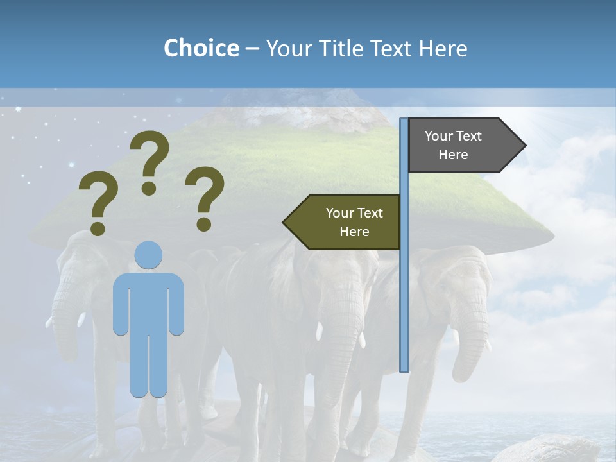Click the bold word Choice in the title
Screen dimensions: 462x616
201,48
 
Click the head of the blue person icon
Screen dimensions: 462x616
148,255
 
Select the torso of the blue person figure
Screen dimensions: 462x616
148,302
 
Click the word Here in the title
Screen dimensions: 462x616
443,48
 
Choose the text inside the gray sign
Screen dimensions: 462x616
453,146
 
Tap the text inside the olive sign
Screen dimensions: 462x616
354,223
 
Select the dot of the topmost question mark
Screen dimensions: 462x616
149,188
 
